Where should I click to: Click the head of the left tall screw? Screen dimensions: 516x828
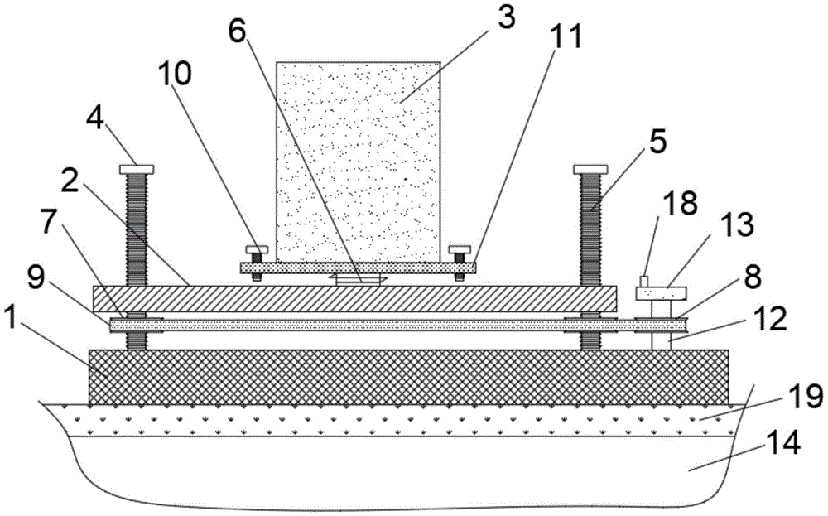click(x=137, y=170)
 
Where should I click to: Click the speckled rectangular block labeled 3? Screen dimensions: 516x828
click(x=358, y=157)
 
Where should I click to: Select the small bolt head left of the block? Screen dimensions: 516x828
click(x=256, y=249)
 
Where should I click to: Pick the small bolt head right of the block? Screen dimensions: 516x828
click(x=459, y=249)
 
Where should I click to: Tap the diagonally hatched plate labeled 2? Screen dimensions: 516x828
click(x=356, y=299)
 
